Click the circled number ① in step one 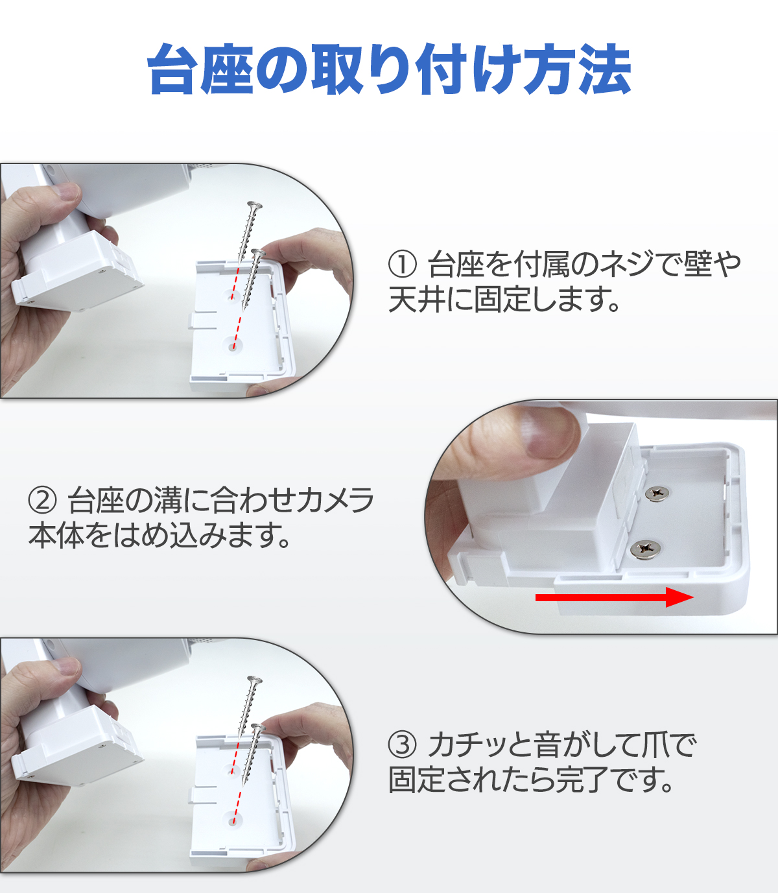point(402,264)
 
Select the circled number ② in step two point(42,500)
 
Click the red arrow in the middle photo point(615,597)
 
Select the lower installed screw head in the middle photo point(646,549)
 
